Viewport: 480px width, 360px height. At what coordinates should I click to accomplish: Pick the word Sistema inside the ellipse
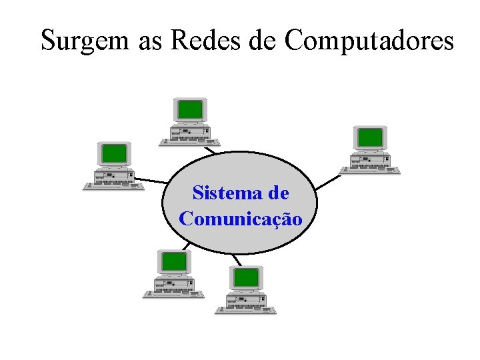[x=223, y=193]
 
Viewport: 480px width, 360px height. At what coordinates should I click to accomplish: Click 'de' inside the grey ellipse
[x=279, y=193]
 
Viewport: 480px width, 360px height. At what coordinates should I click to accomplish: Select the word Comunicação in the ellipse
[x=240, y=219]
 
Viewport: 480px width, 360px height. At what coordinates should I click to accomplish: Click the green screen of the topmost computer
[x=190, y=109]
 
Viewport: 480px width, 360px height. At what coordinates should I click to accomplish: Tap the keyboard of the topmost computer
[x=190, y=141]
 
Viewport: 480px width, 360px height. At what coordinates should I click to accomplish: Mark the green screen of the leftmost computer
[x=113, y=153]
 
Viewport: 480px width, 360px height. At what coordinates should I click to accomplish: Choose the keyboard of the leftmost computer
[x=113, y=186]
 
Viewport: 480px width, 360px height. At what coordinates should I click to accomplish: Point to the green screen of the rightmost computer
[x=370, y=137]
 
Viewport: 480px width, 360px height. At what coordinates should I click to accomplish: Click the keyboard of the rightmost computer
[x=370, y=170]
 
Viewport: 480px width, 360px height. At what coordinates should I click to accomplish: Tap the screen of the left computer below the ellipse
[x=174, y=261]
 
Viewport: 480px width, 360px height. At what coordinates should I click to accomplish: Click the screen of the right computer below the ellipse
[x=246, y=277]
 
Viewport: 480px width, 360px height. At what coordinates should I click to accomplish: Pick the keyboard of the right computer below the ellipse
[x=245, y=310]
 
